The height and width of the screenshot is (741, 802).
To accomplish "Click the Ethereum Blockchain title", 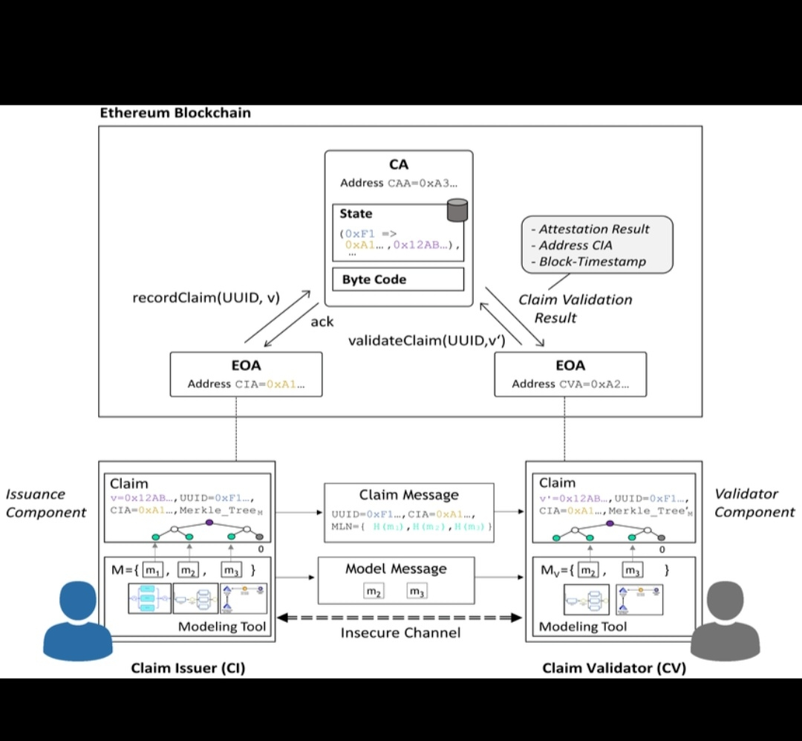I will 175,113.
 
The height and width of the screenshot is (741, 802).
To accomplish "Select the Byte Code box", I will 398,279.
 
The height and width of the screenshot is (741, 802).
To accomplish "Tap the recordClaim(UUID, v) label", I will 206,298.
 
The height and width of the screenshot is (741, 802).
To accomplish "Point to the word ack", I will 322,322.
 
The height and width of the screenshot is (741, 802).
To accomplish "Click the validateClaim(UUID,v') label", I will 427,340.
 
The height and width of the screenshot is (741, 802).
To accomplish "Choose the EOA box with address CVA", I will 570,374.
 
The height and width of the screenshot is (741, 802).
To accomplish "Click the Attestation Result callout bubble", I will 598,245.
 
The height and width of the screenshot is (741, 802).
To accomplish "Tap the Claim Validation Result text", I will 575,308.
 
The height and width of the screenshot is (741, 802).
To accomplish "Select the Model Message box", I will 396,580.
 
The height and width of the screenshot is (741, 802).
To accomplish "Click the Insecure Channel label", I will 400,633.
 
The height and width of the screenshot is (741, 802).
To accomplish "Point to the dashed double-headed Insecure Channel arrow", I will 400,617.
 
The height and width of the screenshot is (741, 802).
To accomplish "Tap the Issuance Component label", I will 46,503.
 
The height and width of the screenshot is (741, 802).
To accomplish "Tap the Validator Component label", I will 754,503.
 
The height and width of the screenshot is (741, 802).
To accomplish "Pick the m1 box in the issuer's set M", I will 152,570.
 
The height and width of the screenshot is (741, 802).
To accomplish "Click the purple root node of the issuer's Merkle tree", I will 209,522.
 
